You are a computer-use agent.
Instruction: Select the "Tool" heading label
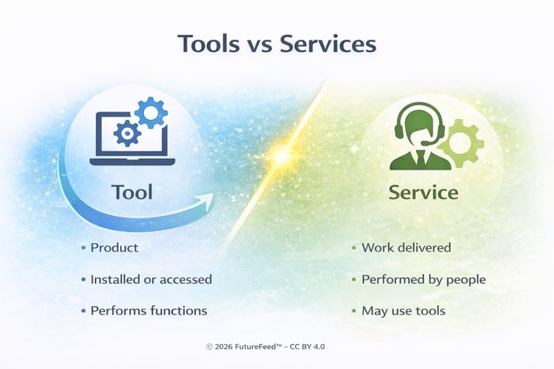131,192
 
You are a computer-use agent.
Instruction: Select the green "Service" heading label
423,193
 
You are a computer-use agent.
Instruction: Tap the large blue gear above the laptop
150,112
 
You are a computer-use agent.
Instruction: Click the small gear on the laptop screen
127,132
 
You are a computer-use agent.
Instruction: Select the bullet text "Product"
114,248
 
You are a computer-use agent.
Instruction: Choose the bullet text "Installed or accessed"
151,280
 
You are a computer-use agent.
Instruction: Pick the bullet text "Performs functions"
149,311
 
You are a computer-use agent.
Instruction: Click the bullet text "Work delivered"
405,248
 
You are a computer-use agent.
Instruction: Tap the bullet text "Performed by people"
423,280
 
